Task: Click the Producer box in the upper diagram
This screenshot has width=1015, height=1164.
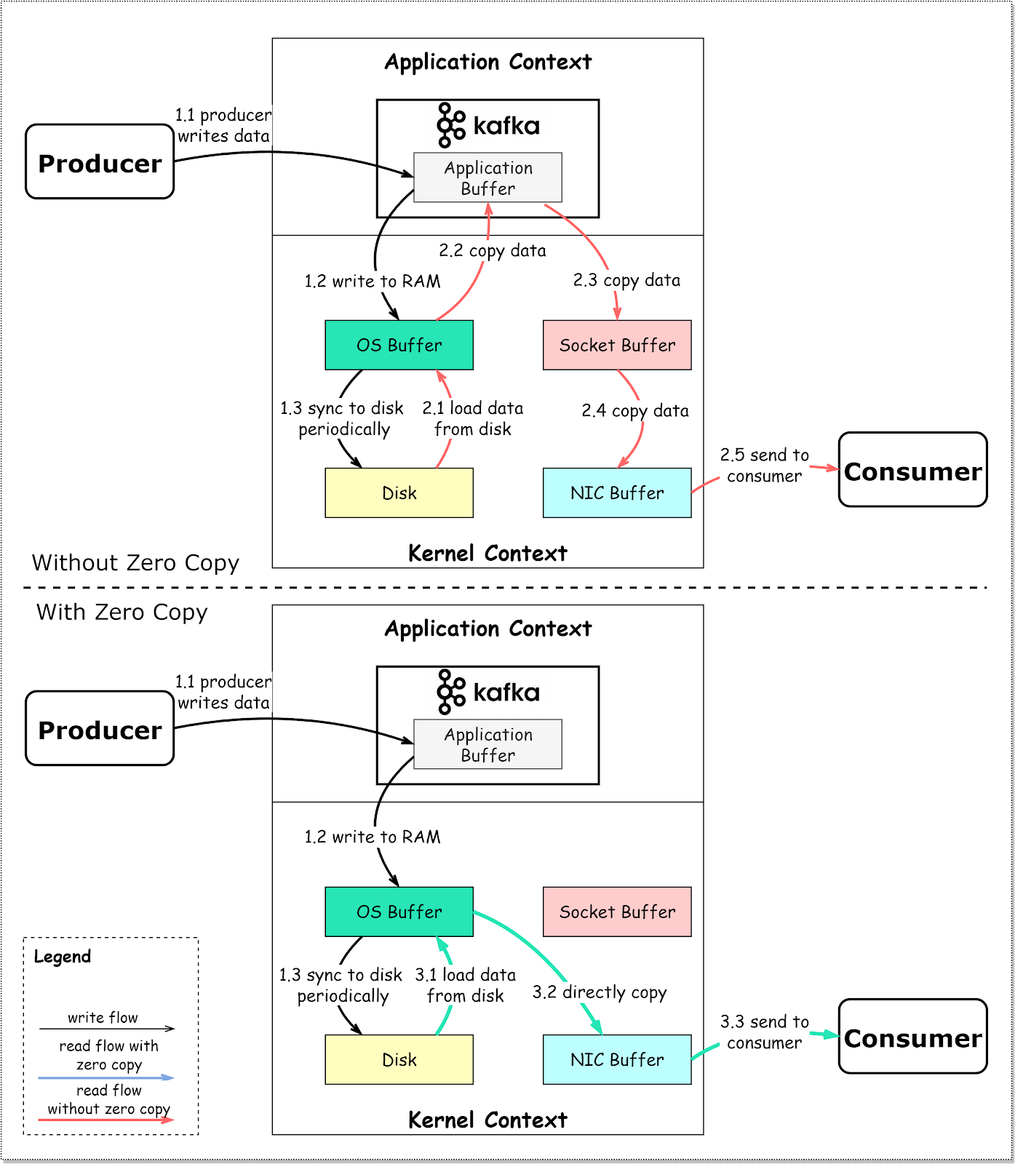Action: click(100, 162)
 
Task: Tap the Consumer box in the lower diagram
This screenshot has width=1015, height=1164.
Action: click(912, 1036)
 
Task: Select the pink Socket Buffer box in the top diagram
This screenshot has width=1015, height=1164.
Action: click(617, 345)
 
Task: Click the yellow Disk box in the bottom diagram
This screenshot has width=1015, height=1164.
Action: click(399, 1059)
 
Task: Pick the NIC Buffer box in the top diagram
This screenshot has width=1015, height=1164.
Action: click(617, 493)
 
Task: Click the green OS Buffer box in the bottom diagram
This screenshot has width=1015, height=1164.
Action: click(399, 912)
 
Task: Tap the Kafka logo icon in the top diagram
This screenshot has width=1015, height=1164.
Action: click(450, 125)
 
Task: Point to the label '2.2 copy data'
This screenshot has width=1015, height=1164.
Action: click(492, 251)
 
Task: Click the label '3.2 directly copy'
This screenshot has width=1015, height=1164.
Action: click(600, 992)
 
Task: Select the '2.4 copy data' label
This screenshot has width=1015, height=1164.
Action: click(635, 411)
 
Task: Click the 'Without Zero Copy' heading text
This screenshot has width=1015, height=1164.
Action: click(135, 563)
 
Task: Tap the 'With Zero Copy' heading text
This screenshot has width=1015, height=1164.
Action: click(122, 613)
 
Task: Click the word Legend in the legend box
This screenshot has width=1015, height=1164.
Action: click(63, 957)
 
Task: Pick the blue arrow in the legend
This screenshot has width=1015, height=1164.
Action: click(106, 1077)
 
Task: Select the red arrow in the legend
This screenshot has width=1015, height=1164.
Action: click(106, 1120)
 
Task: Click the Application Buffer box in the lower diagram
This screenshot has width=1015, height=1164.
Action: click(487, 744)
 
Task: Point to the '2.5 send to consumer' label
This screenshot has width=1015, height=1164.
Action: click(764, 466)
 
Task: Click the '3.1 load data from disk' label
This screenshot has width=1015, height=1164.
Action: click(466, 985)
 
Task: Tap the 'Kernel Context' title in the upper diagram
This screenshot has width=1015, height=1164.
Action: click(487, 554)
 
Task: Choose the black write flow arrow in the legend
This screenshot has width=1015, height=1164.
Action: click(106, 1029)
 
